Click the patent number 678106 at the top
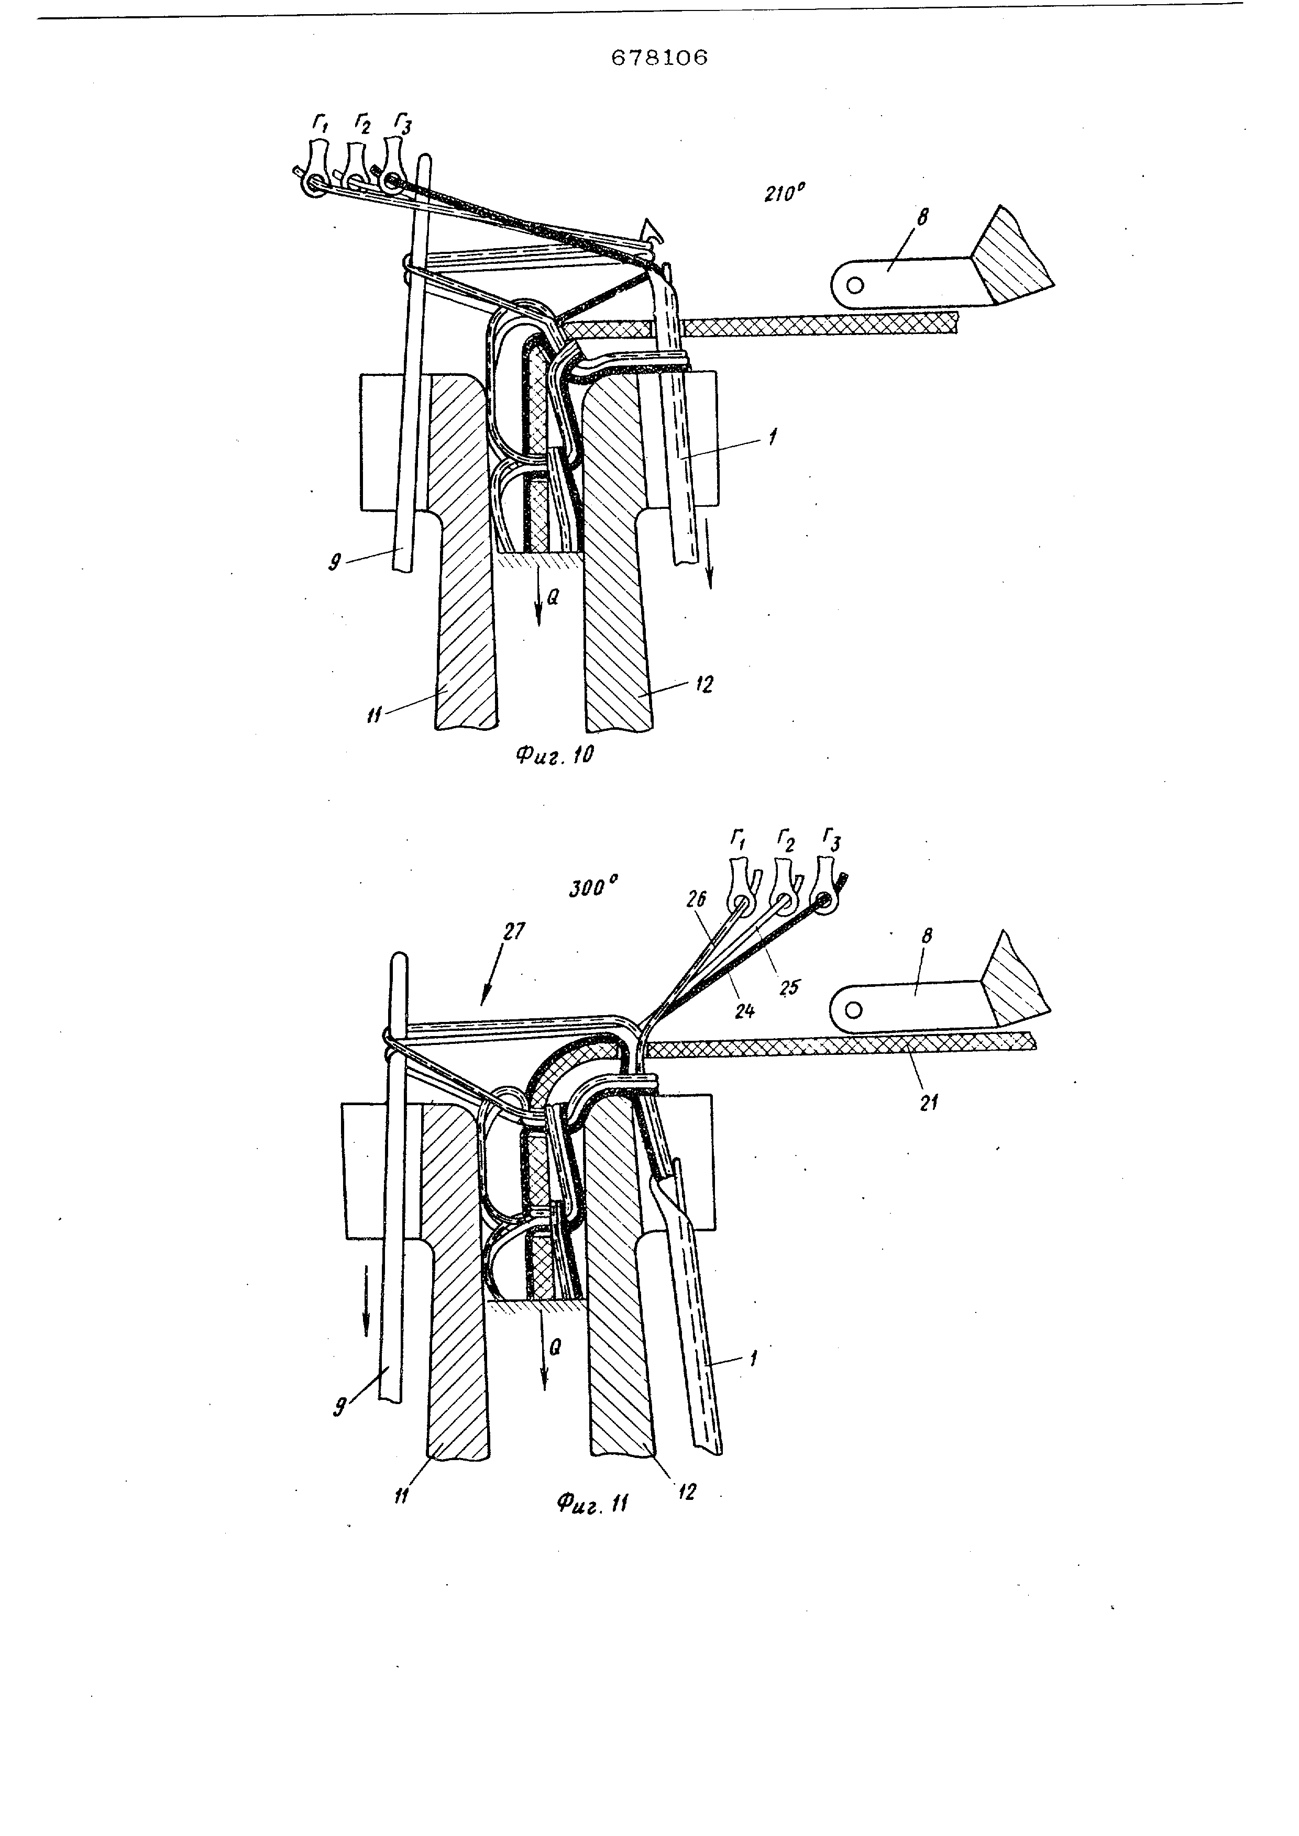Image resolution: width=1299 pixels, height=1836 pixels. click(659, 58)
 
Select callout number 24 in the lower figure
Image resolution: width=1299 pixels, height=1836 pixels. click(744, 1011)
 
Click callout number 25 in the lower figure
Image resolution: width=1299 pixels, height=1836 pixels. click(789, 987)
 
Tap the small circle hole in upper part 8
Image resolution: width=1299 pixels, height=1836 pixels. click(855, 285)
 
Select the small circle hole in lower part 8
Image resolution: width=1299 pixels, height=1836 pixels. click(853, 1010)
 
